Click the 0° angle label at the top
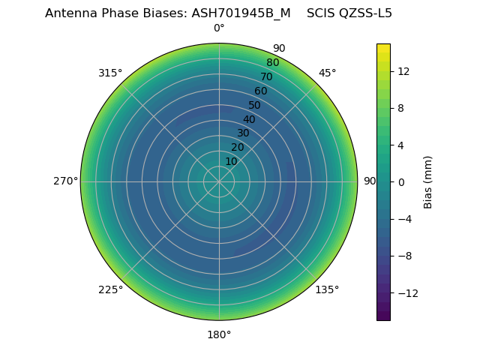[219, 28]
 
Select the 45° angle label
[327, 73]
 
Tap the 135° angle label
[327, 289]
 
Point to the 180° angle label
[219, 334]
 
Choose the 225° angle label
[110, 289]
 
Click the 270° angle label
[65, 181]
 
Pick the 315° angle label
[110, 73]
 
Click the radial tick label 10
[231, 161]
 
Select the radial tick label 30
[243, 133]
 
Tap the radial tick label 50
[255, 105]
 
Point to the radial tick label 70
[266, 76]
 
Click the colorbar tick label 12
[403, 71]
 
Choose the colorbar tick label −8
[403, 256]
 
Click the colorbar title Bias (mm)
[428, 182]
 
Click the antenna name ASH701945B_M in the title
[241, 13]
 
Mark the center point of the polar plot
[219, 181]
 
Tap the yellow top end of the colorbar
[383, 46]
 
